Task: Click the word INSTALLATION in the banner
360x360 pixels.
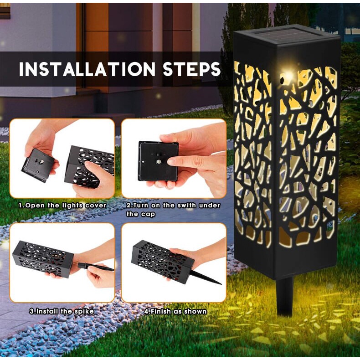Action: coord(88,69)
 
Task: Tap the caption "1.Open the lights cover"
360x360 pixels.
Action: coord(62,205)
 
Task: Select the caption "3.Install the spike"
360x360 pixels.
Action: coord(62,311)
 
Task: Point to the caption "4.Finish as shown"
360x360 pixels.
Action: coord(175,311)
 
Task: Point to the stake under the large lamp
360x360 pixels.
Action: coord(285,296)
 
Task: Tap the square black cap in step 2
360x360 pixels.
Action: coord(158,161)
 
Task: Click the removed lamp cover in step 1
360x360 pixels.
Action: coord(39,165)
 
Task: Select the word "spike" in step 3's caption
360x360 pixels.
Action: coord(84,311)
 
